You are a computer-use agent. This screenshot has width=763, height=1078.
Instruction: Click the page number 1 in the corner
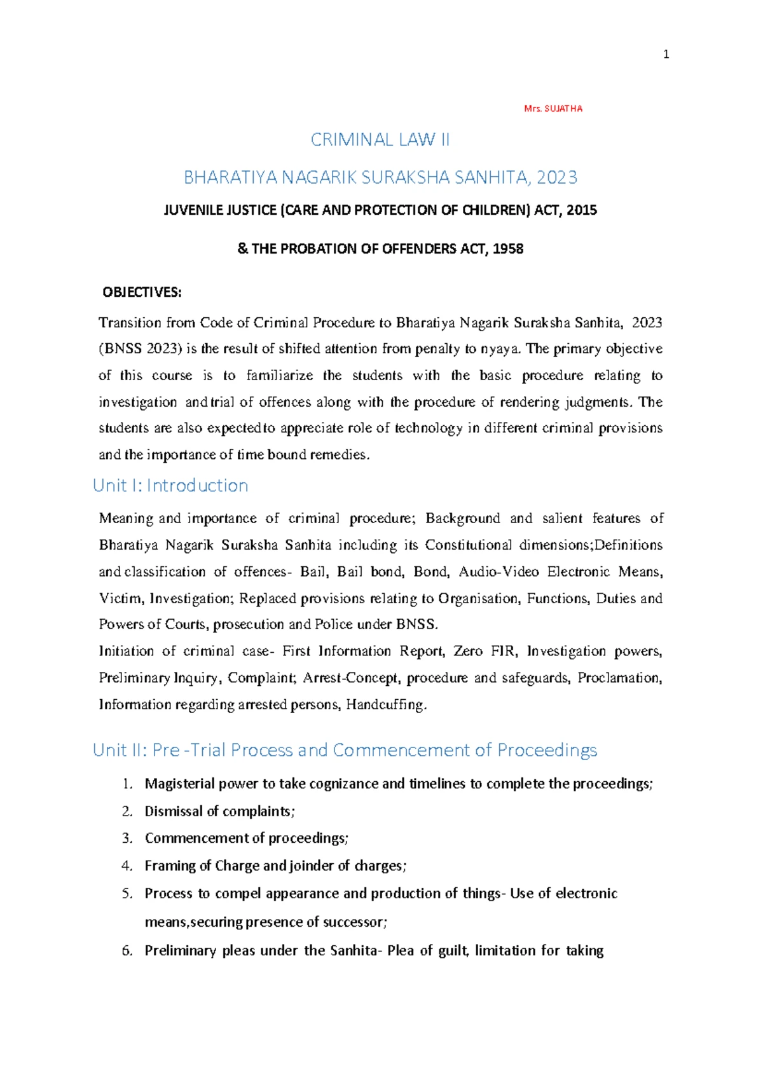click(x=666, y=55)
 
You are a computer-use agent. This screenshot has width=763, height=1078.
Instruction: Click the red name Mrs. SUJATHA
click(x=553, y=109)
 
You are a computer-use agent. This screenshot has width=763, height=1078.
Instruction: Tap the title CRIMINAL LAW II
click(x=380, y=140)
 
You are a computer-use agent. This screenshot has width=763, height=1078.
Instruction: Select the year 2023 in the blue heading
click(x=556, y=177)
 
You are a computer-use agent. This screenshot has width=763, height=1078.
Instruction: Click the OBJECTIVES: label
click(x=142, y=292)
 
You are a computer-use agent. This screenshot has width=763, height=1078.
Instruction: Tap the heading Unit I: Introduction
click(x=170, y=486)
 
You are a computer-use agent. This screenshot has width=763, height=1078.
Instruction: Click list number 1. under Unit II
click(x=128, y=784)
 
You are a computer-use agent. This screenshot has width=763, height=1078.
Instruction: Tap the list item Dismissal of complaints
click(x=219, y=812)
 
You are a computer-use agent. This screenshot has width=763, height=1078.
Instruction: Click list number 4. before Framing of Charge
click(x=128, y=866)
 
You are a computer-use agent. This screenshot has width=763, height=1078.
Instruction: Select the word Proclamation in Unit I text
click(x=619, y=678)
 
